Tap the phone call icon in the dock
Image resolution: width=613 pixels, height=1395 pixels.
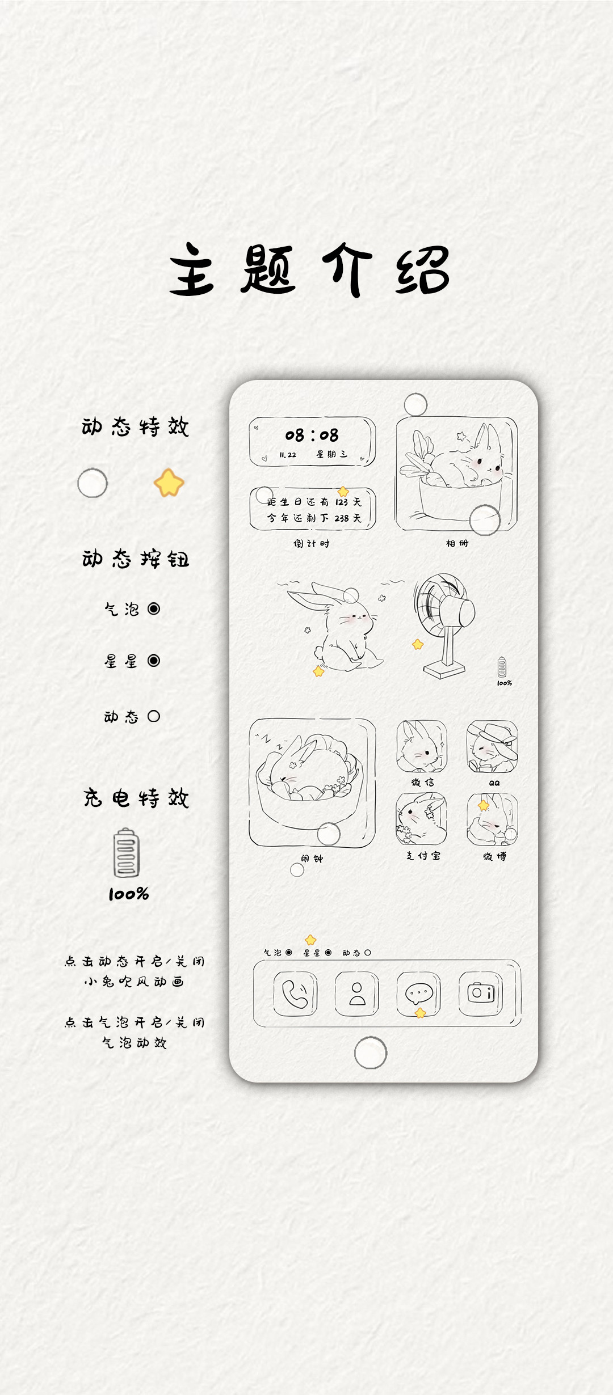pos(295,994)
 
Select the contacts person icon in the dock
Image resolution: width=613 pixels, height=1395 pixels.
pos(357,994)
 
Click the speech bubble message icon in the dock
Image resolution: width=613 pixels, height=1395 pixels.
pos(419,994)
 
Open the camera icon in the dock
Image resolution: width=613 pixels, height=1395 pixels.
pos(481,994)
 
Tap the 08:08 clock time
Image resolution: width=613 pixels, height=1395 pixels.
pos(312,436)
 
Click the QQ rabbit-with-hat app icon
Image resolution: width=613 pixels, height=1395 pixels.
pos(492,746)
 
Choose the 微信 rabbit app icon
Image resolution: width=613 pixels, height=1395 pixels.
pos(422,746)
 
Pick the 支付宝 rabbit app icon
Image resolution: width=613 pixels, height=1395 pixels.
pos(422,819)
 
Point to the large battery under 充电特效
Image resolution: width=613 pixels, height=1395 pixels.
pos(127,852)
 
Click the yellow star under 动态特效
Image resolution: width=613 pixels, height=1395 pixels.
pos(169,483)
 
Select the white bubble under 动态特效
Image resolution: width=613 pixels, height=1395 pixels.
pos(93,483)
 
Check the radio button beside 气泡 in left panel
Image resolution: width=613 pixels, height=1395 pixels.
pos(154,608)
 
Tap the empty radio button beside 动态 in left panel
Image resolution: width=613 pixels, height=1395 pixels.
pos(154,716)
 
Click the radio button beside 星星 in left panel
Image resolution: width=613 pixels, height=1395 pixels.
pos(154,661)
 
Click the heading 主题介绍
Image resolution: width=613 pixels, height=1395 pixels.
pos(309,269)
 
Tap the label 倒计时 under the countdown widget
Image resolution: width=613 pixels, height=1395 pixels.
pos(312,543)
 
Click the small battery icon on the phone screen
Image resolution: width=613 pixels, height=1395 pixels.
pos(502,667)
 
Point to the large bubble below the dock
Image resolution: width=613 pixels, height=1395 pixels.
pos(371,1052)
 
